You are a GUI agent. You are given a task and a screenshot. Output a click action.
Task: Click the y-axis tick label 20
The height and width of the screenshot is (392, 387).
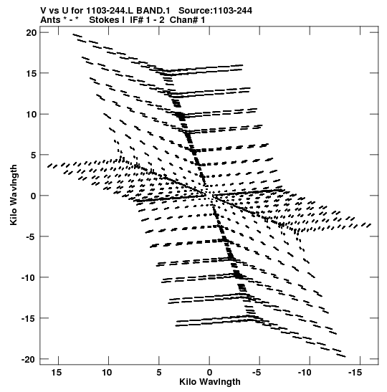point(32,33)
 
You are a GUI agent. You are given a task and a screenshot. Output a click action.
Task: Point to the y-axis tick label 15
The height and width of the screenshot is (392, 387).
point(32,74)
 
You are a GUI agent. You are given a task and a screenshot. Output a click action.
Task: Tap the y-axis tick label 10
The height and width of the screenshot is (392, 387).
point(32,114)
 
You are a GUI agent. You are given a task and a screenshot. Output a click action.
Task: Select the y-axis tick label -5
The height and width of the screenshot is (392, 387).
point(32,236)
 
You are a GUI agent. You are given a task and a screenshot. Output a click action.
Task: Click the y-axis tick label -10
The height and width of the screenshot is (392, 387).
point(29,277)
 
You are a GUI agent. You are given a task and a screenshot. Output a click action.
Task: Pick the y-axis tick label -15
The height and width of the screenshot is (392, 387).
point(29,318)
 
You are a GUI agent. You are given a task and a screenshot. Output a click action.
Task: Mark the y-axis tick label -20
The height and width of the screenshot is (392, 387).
point(29,359)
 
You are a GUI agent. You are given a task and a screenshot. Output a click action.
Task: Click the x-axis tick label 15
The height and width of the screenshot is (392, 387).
point(57,373)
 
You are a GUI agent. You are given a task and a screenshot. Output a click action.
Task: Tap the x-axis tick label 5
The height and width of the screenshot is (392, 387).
point(159,373)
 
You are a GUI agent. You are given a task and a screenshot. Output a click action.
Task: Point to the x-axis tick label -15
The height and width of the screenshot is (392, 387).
point(355,373)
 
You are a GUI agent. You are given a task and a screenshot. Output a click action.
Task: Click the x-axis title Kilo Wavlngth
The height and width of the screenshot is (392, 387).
point(210,382)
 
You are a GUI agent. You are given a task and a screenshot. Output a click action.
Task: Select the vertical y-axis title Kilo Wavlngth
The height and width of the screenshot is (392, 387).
point(14,195)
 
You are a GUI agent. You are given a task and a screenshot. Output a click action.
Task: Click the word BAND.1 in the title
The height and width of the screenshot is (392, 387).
point(153,11)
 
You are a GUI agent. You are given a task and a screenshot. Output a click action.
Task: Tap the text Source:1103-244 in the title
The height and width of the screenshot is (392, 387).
point(215,11)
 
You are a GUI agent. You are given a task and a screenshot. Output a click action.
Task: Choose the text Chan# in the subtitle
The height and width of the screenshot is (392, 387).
point(183,20)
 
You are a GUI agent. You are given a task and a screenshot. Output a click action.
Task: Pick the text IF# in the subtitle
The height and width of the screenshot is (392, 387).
point(137,20)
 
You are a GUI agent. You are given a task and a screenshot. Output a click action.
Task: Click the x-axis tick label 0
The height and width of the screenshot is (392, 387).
point(209,373)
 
